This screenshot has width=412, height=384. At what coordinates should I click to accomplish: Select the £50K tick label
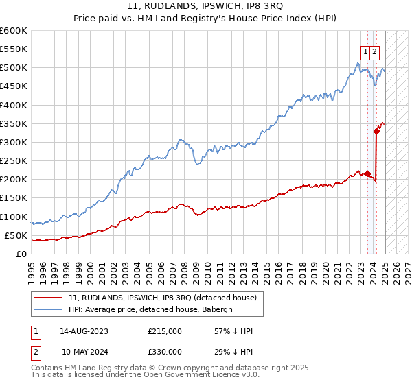click(16, 236)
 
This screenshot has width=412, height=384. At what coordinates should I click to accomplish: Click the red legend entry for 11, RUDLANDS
click(162, 298)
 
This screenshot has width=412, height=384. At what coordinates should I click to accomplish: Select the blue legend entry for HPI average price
click(151, 309)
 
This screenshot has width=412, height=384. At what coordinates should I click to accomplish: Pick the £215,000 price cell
click(165, 331)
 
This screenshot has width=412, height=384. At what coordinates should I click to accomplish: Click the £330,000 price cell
click(165, 352)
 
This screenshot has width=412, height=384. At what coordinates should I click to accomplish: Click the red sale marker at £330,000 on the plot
click(376, 131)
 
